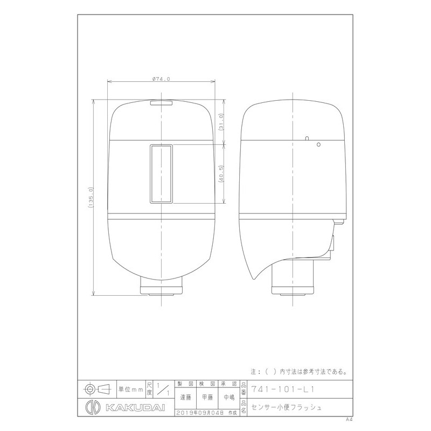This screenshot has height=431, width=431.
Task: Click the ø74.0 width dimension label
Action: pyautogui.click(x=161, y=79)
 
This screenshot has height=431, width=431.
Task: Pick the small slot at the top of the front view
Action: pyautogui.click(x=161, y=102)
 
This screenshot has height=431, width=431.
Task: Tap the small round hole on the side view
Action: pyautogui.click(x=318, y=144)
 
